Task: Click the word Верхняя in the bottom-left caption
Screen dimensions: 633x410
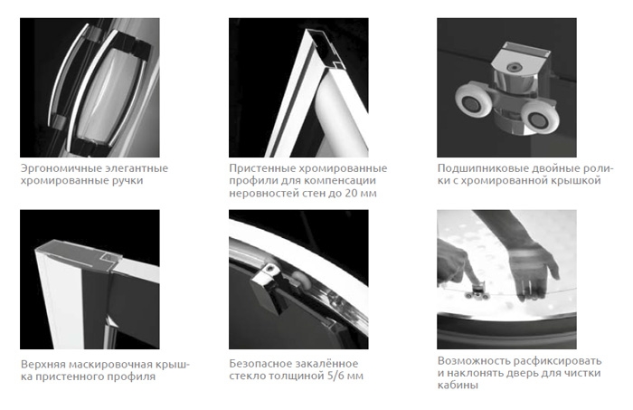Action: (x=43, y=365)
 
